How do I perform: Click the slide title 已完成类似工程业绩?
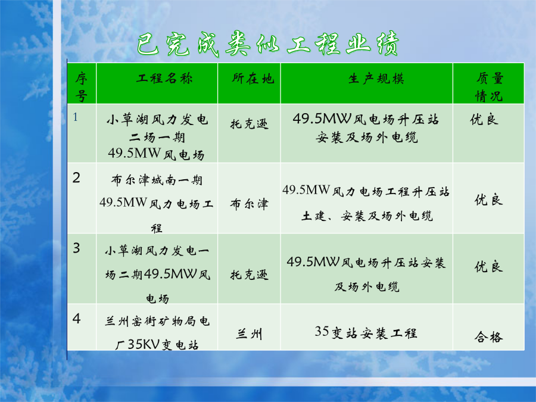tap(268, 43)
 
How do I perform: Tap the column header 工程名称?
tap(164, 78)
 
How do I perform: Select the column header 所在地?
tap(253, 78)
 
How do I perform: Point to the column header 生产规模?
tap(376, 79)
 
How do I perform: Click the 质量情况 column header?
tap(489, 87)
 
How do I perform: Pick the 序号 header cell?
tap(82, 87)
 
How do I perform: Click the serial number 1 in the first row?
tap(76, 117)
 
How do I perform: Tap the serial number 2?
tap(76, 177)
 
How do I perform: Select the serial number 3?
tap(76, 248)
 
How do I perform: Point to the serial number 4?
tap(77, 319)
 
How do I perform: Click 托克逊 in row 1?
tap(249, 124)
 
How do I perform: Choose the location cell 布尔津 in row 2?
tap(249, 204)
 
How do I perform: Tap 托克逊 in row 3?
tap(249, 275)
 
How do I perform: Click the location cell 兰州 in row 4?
tap(249, 334)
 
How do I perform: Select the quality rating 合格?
tap(488, 337)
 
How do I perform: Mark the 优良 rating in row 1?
tap(484, 119)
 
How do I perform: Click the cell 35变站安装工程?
tap(366, 332)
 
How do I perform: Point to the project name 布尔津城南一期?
tap(157, 180)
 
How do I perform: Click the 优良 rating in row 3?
tap(488, 267)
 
